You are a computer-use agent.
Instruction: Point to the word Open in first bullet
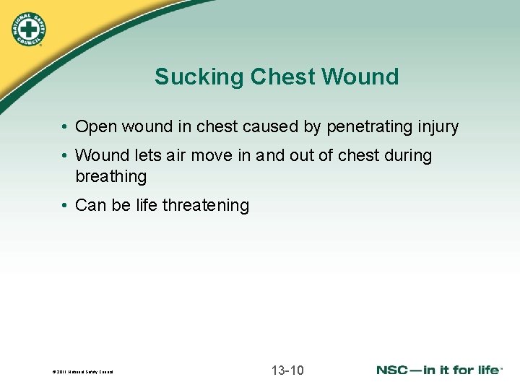coord(94,127)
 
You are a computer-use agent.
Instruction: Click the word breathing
coord(110,177)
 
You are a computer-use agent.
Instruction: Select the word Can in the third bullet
coord(90,206)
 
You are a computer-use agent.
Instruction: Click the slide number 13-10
coord(287,371)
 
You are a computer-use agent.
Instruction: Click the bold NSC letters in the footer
coord(395,370)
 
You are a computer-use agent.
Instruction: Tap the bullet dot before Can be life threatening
coord(65,206)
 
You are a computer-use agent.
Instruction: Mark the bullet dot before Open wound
coord(65,127)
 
